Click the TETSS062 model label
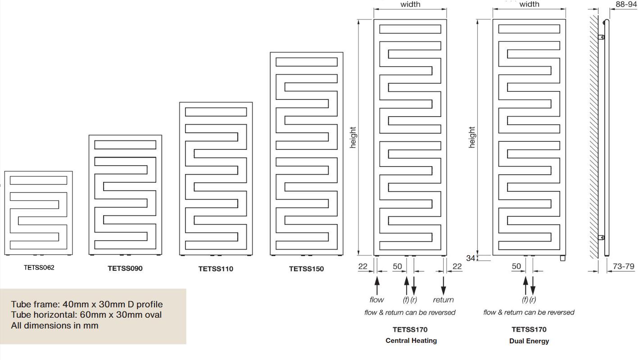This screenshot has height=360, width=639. (x=39, y=268)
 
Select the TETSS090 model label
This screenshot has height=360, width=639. (x=125, y=269)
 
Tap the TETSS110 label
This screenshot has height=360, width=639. (x=216, y=269)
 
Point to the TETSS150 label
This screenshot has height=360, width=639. (x=306, y=269)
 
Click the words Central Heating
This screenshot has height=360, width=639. (x=411, y=341)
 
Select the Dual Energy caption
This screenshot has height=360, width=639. (x=529, y=341)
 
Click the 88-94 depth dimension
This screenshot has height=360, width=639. (x=626, y=4)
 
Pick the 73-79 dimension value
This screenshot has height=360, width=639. (x=624, y=266)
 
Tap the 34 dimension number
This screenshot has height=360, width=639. (x=471, y=258)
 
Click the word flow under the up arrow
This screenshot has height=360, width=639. (x=376, y=300)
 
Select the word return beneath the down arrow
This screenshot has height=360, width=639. (x=443, y=300)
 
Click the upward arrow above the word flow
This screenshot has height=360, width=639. (x=377, y=285)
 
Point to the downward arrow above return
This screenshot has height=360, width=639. (x=444, y=285)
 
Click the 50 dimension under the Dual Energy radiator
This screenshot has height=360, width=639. (x=516, y=266)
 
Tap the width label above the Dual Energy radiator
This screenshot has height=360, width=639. (x=529, y=4)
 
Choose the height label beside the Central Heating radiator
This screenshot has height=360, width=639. (x=353, y=137)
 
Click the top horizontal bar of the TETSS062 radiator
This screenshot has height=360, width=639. (x=39, y=180)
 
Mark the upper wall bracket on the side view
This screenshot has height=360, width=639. (x=601, y=37)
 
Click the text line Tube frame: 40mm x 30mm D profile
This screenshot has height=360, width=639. (x=87, y=305)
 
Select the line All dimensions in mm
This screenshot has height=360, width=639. (x=54, y=325)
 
